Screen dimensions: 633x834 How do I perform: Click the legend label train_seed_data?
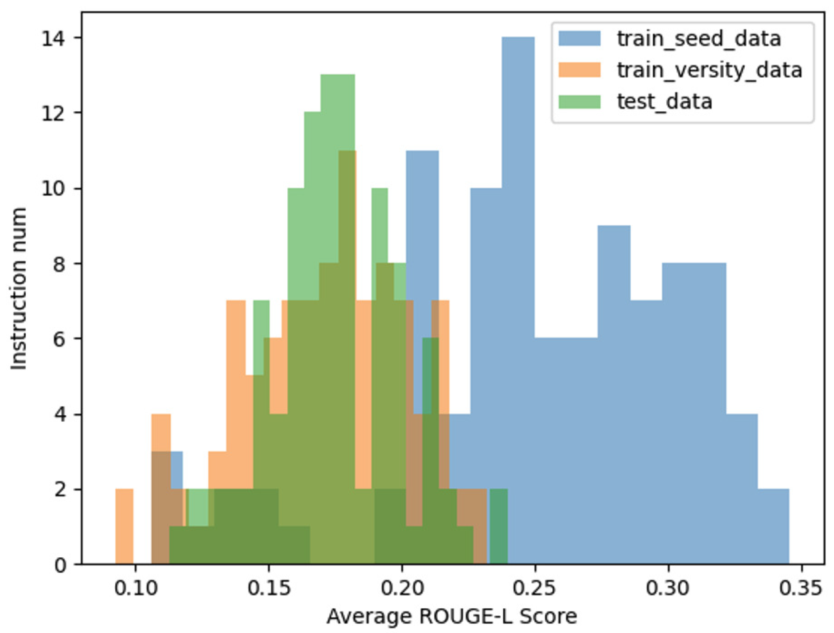699,39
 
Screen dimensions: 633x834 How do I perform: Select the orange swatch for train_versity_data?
579,70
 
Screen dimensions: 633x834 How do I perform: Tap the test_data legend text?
664,101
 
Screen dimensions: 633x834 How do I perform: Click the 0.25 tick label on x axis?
535,588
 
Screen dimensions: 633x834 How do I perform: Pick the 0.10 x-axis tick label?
136,588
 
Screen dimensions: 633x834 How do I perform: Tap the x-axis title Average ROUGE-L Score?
452,616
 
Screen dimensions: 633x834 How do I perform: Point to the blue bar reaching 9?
614,380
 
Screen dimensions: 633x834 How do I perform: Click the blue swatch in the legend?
579,39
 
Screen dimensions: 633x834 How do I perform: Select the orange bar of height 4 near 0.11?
161,433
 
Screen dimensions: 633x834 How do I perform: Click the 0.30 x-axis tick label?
668,588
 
